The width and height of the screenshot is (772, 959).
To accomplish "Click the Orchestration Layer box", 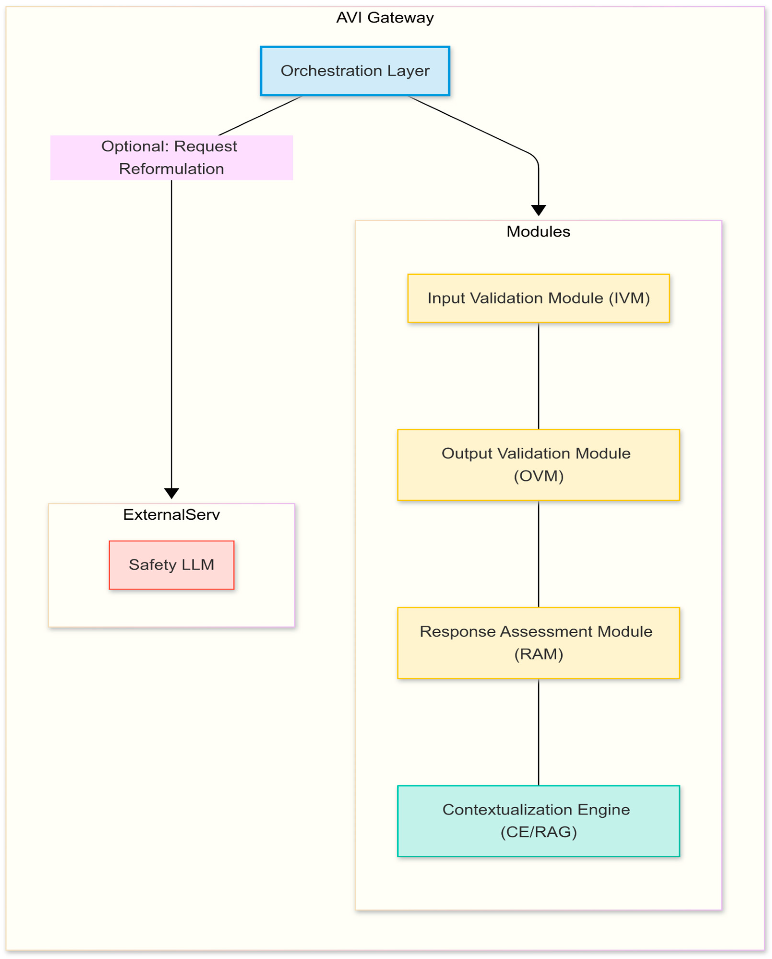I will [x=355, y=71].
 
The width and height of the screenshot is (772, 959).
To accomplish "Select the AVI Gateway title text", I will [x=385, y=17].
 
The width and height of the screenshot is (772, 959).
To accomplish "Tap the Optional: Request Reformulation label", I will [x=171, y=157].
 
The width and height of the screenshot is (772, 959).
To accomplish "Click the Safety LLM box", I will [x=171, y=565].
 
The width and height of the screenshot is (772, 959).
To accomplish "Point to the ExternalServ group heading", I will [x=171, y=515].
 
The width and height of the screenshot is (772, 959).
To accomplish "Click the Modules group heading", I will [x=538, y=231].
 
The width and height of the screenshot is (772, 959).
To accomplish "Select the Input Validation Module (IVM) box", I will [x=538, y=298].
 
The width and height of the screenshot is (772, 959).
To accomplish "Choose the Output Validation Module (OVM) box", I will [x=538, y=465].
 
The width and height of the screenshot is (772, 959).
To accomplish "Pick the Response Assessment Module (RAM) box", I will [x=538, y=643].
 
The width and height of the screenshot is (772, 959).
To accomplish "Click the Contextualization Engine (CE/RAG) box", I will [x=538, y=821].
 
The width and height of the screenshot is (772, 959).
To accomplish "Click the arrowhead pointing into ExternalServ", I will [x=171, y=493].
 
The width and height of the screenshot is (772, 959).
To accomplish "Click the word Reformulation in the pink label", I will [x=171, y=169].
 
